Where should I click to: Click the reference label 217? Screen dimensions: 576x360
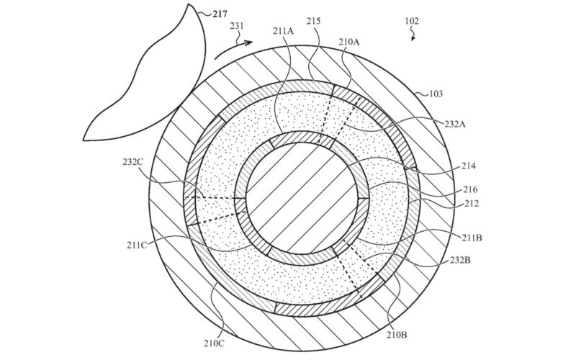point(220,14)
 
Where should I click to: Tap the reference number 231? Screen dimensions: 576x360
point(237,26)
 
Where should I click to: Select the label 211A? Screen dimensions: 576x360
point(283,31)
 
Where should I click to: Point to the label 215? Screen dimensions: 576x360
point(313,21)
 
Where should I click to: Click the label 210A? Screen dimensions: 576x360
point(349,42)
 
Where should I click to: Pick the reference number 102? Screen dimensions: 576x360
point(412,21)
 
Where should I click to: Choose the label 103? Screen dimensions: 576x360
point(436,94)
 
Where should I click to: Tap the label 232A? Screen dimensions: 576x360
point(455,124)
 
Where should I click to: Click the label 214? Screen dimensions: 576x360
point(468,166)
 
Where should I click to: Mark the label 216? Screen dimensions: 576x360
point(470,189)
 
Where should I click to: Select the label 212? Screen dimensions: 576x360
point(472,203)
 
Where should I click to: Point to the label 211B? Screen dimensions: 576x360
point(472,238)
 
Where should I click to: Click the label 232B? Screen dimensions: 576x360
point(460,261)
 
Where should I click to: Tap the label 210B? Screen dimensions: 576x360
point(397,335)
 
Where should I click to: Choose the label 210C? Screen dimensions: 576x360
point(214,344)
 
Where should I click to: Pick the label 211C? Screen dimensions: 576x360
point(137,245)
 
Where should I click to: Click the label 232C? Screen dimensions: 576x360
point(133,161)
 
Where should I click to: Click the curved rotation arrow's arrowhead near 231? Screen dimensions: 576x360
point(248,43)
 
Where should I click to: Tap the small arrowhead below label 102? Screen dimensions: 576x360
point(413,38)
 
